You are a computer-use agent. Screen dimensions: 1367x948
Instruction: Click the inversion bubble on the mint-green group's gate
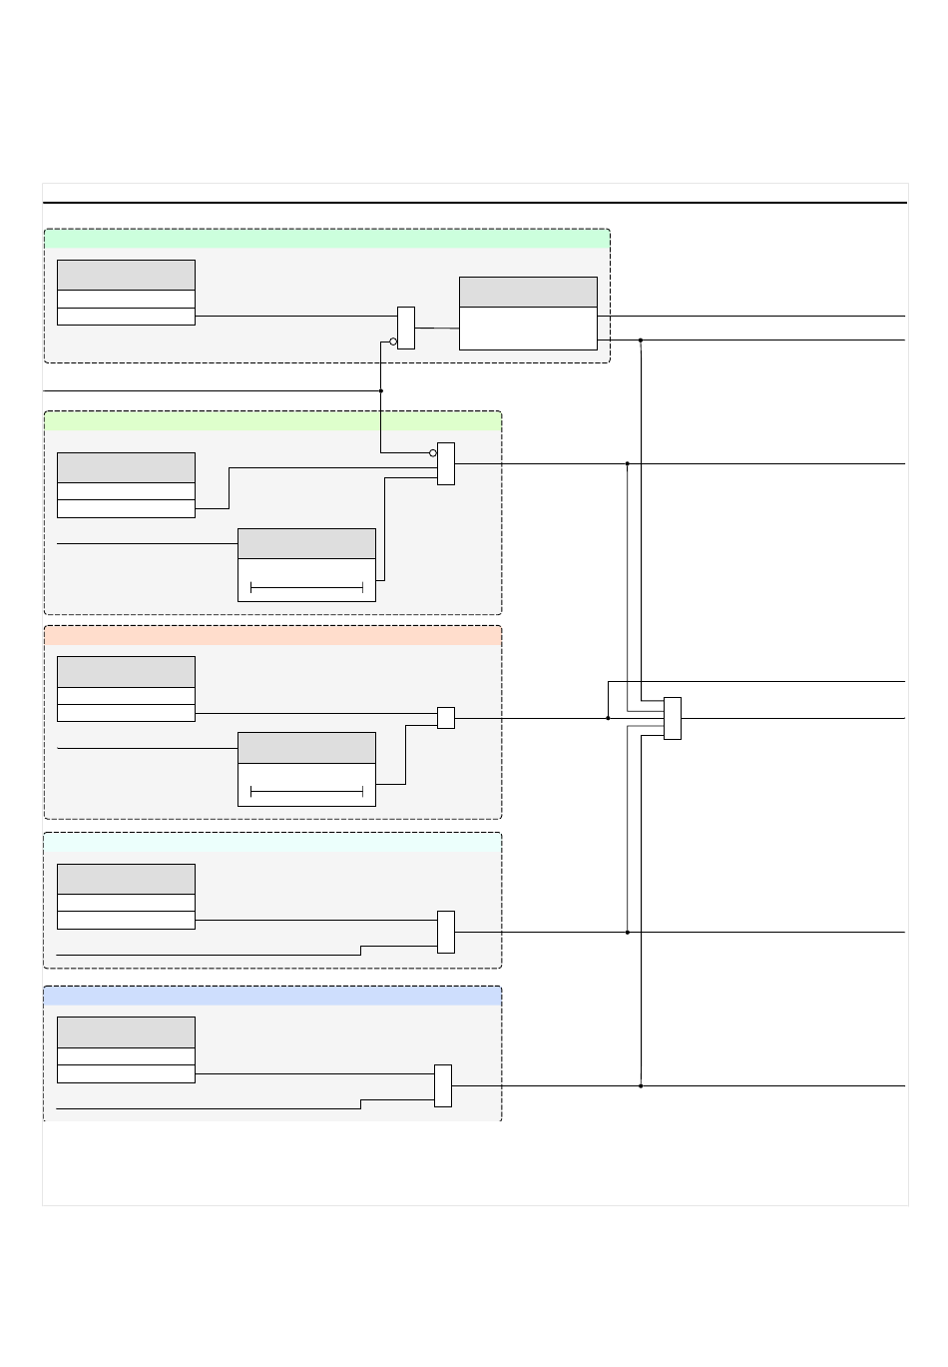[393, 342]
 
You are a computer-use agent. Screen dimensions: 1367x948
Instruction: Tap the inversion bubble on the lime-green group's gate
[433, 453]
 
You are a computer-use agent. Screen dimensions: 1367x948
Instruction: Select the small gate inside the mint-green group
[406, 328]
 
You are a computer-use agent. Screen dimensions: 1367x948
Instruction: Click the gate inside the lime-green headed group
[446, 464]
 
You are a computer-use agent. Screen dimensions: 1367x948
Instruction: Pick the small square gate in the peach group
[446, 718]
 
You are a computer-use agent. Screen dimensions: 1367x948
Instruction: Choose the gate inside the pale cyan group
[446, 932]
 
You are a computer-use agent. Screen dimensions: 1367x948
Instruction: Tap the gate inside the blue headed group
[443, 1085]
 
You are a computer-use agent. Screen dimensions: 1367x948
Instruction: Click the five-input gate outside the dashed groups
[673, 719]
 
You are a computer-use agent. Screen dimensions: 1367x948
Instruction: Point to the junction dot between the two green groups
[381, 390]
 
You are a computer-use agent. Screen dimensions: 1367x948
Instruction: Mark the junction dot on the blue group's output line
[641, 1085]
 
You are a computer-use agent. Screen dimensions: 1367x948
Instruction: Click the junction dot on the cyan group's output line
[628, 932]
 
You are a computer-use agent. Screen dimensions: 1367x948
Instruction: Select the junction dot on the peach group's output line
[609, 718]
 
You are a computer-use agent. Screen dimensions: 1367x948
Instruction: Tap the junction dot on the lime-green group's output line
[628, 464]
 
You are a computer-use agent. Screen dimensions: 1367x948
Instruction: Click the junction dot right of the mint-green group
[641, 341]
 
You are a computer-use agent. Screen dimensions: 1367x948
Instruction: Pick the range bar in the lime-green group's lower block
[306, 588]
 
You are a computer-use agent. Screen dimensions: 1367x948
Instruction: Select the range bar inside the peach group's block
[306, 792]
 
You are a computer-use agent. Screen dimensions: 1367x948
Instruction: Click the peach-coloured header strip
[272, 636]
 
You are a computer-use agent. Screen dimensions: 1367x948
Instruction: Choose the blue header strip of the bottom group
[272, 996]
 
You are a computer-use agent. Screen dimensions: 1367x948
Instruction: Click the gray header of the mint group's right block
[528, 293]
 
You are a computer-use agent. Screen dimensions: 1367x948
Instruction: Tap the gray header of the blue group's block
[126, 1032]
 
